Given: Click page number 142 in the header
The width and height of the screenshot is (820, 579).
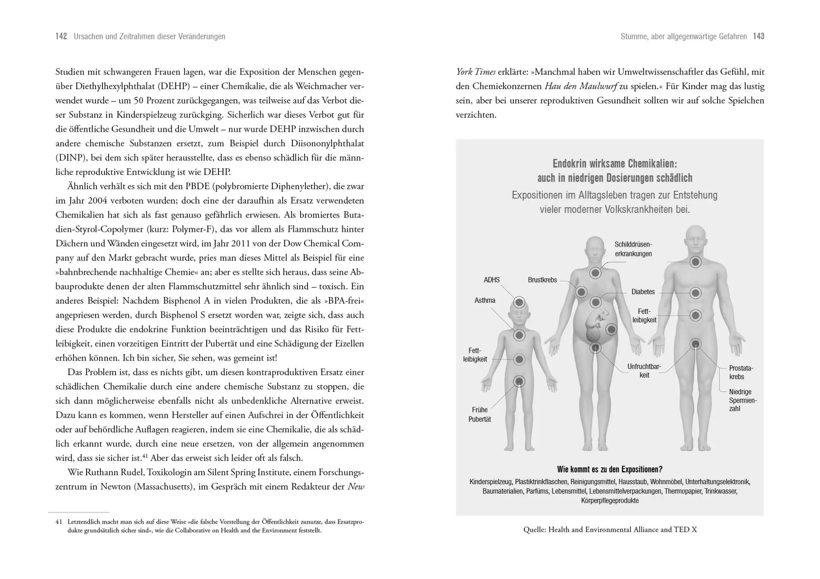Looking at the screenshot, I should (61, 37).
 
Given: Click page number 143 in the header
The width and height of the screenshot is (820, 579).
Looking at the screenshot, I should (758, 37).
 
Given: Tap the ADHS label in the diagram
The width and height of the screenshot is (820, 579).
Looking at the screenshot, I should (492, 280).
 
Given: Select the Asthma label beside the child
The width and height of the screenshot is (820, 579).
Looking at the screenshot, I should (485, 300).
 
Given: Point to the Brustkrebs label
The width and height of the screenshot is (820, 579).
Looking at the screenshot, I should (542, 280).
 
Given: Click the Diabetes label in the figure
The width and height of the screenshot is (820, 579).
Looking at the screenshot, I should (643, 292).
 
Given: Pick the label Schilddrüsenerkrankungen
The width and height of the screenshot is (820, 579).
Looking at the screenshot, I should (633, 249).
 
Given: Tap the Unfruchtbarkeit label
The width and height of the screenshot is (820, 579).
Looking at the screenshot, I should (644, 371).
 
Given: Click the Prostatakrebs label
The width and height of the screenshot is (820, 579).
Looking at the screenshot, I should (741, 372).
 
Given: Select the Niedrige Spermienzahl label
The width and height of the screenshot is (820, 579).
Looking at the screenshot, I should (743, 400).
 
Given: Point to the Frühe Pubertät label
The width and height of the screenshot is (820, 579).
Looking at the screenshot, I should (480, 414).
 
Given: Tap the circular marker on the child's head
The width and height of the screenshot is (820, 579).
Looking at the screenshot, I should (519, 303).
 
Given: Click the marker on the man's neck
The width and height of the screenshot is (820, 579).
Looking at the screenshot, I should (695, 262).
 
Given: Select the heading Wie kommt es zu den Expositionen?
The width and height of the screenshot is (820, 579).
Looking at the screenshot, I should (610, 469).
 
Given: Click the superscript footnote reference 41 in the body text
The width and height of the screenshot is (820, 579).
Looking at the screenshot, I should (145, 455).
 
